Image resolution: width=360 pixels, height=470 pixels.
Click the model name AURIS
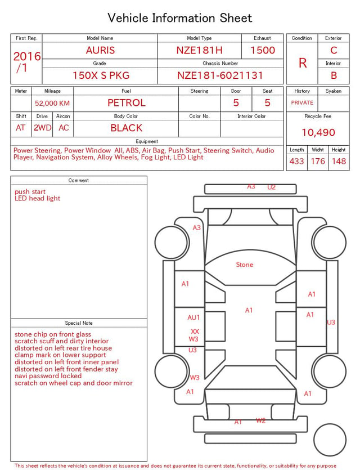pos(100,50)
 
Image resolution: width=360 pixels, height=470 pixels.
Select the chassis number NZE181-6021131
pos(220,75)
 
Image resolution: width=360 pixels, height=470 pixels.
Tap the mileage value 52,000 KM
pos(52,103)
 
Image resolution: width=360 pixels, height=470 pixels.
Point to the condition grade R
pos(303,63)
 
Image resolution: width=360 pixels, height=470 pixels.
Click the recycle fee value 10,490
pos(318,132)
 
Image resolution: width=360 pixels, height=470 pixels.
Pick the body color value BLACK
pos(127,128)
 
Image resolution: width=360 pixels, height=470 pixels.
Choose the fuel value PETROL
pos(127,103)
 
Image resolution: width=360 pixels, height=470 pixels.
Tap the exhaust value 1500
pos(263,50)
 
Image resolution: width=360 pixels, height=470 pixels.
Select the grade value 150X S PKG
pos(101,75)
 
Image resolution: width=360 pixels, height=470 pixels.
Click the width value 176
pos(318,161)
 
